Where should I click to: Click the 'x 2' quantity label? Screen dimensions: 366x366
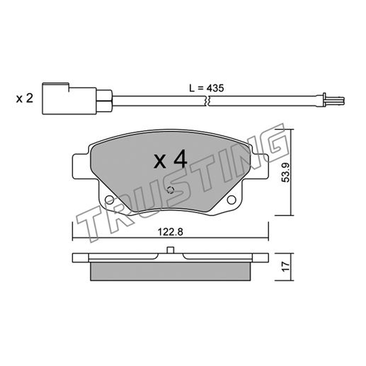tap(25, 98)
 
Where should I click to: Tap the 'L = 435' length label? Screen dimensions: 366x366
tap(206, 88)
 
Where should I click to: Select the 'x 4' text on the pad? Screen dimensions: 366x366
tap(170, 159)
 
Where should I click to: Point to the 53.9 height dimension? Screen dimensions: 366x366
tap(285, 172)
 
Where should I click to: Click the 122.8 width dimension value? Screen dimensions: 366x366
tap(170, 232)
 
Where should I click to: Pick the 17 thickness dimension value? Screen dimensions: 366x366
tap(285, 267)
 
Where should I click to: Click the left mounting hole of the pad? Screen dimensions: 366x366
tap(109, 200)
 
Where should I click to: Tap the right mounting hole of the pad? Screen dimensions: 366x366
tap(231, 200)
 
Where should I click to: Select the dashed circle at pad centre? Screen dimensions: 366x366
tap(170, 190)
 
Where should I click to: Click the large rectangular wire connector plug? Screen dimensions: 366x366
tap(70, 99)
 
